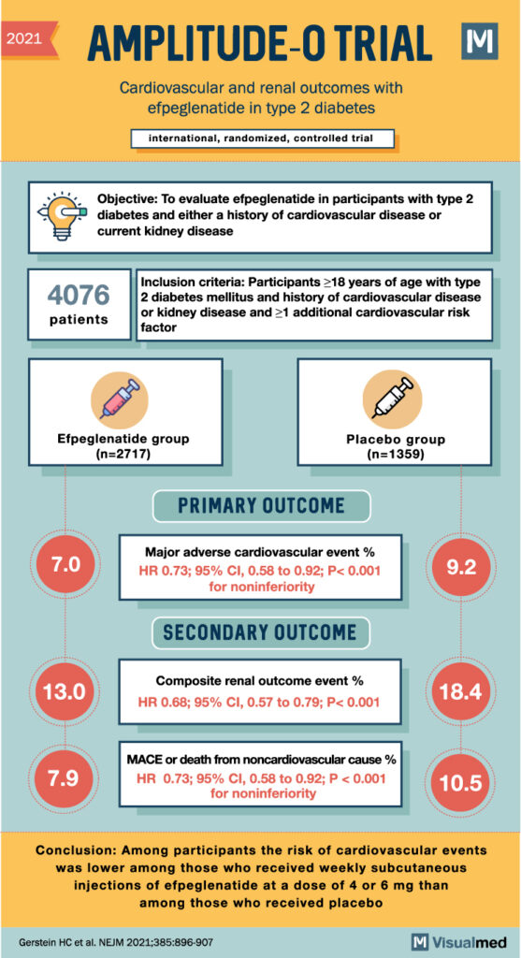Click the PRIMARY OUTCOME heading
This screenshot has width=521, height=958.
pyautogui.click(x=261, y=506)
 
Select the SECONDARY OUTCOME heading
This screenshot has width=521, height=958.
pyautogui.click(x=260, y=632)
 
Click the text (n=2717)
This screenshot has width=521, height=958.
pyautogui.click(x=119, y=455)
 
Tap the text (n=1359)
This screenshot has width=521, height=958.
pyautogui.click(x=392, y=455)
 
